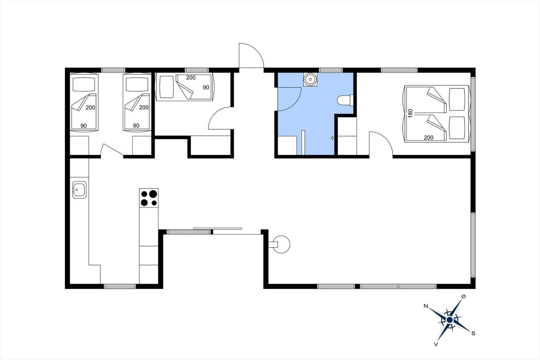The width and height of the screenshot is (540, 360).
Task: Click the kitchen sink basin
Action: click(x=79, y=190)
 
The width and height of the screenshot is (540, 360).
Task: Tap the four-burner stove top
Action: click(x=149, y=198)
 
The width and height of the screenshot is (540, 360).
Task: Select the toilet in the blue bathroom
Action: click(x=345, y=100)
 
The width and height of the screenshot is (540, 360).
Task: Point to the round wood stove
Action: click(x=281, y=244)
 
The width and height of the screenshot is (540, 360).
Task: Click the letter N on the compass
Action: click(x=426, y=306)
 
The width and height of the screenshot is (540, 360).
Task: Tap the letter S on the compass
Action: click(x=473, y=333)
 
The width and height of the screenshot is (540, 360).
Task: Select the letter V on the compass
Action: click(x=436, y=344)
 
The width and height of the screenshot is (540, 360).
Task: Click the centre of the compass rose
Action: click(x=450, y=319)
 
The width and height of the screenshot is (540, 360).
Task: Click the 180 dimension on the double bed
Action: click(x=410, y=113)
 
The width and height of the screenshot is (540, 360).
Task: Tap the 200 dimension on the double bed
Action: click(x=429, y=137)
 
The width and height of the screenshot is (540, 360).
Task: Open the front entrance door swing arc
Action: click(x=251, y=55)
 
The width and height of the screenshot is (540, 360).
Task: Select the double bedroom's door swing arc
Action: click(x=381, y=144)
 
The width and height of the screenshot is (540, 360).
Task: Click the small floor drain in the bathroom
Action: click(x=332, y=138)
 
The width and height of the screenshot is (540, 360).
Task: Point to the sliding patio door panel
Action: click(x=218, y=229)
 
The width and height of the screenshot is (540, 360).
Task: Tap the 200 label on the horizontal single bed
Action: click(x=191, y=78)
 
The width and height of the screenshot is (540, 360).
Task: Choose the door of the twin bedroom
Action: click(x=112, y=150)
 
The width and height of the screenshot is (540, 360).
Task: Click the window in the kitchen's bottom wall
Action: click(x=120, y=286)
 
